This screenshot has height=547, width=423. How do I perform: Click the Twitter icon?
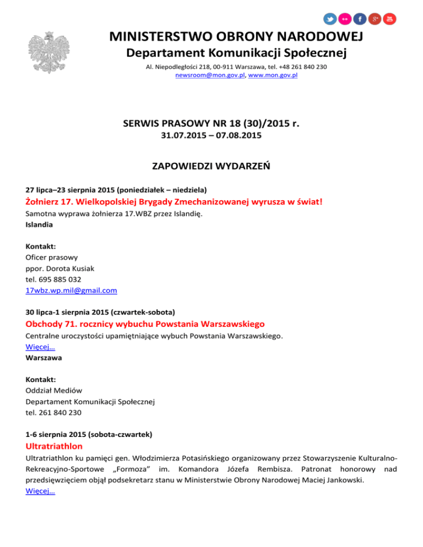click(x=330, y=19)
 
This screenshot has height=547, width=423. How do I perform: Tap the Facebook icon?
click(x=360, y=19)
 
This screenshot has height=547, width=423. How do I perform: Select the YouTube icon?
click(x=389, y=19)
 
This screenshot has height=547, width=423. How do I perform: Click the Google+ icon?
click(x=375, y=19)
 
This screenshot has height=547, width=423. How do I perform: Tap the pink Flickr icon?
click(x=345, y=19)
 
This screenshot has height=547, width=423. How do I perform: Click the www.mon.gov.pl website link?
click(x=273, y=75)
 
